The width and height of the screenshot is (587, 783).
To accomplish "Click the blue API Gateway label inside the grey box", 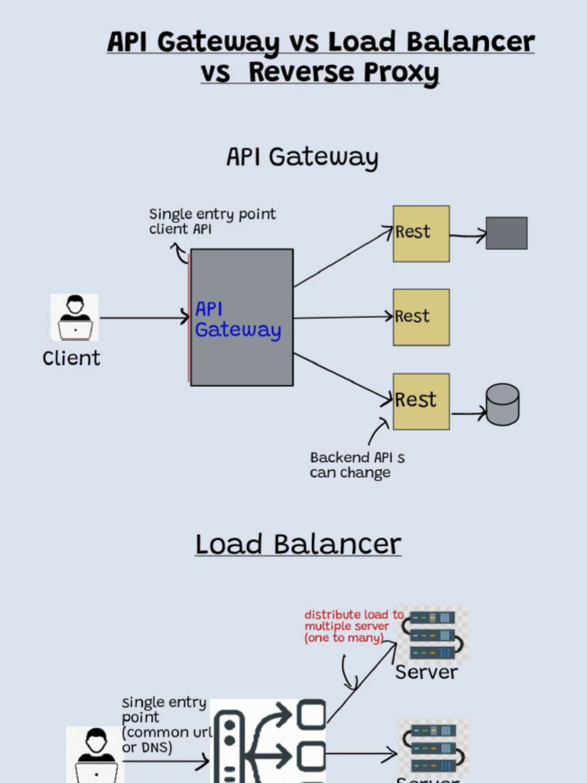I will (238, 320).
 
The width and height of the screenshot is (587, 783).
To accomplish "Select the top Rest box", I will (421, 233).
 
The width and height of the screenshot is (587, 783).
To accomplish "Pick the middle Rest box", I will (421, 317).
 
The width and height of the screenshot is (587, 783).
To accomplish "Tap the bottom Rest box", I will (421, 401).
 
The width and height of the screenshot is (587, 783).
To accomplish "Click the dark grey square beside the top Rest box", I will (507, 233).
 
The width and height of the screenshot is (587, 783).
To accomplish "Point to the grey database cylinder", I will (502, 404).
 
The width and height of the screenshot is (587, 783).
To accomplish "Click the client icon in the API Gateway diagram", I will (75, 317).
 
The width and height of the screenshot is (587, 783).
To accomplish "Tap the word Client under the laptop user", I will (72, 358).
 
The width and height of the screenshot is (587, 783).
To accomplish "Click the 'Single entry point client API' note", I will (212, 222).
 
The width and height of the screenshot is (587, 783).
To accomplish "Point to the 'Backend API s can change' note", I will (357, 465).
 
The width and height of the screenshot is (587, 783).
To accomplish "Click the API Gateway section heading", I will (302, 158).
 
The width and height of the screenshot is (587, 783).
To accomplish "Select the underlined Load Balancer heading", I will (298, 544).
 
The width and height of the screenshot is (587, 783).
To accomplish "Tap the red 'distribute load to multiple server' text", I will (353, 626).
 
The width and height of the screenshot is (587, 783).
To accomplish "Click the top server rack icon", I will (432, 634).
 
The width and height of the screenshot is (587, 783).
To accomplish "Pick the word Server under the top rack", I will (426, 673).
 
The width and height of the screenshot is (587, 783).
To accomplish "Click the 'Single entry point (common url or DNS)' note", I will (163, 725).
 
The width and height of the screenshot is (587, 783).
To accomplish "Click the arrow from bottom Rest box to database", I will (469, 414).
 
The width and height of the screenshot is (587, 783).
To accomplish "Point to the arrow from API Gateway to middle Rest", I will (343, 317).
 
